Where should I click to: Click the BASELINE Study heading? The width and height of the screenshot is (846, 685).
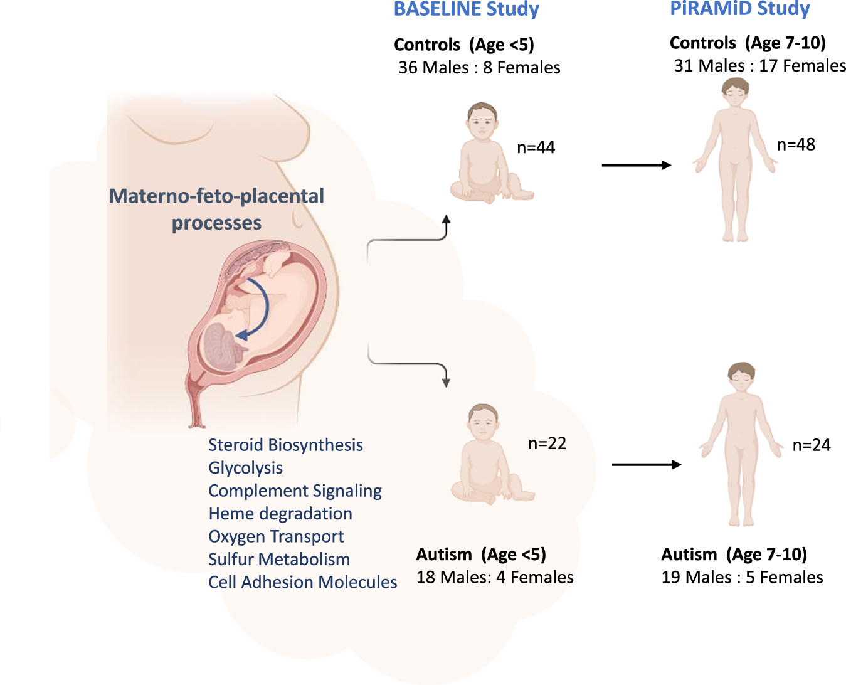pos(466,9)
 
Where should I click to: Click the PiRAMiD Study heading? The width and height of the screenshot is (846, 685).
pos(739,9)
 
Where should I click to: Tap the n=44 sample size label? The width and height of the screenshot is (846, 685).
pos(536,147)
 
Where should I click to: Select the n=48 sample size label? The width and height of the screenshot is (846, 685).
pos(796,145)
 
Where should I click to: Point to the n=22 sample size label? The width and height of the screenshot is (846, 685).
pos(547,443)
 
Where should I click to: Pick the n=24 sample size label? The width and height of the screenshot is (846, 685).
pos(811,445)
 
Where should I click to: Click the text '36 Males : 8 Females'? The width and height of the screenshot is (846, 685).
pos(479,68)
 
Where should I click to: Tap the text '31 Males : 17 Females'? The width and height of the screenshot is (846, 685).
pos(759,66)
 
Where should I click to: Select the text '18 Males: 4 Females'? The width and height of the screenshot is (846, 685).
pos(495,577)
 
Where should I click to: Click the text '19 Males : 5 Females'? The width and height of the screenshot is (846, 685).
pos(742,577)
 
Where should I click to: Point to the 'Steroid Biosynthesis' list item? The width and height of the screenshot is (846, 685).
pos(285,445)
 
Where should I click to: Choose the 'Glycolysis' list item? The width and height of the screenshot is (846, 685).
pos(245,468)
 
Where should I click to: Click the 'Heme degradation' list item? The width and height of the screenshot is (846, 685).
pos(280,514)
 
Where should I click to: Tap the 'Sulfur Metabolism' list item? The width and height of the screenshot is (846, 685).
pos(279,560)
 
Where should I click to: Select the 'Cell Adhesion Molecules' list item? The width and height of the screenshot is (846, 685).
pos(302,582)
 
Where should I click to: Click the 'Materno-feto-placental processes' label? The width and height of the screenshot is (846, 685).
pos(216,209)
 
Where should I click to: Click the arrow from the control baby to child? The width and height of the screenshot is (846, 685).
pos(636,165)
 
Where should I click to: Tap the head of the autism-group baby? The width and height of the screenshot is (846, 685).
pos(483,421)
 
